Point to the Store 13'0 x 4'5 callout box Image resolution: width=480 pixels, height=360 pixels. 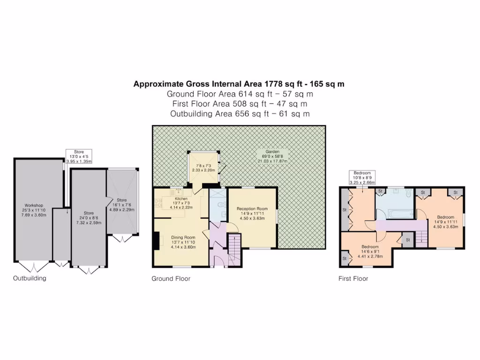point(79,156)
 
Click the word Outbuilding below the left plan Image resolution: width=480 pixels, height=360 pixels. point(29,278)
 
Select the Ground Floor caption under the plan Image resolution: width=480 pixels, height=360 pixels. point(171,278)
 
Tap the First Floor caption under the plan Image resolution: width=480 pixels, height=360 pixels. point(353,278)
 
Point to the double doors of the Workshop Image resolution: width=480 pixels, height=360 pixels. point(35,267)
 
